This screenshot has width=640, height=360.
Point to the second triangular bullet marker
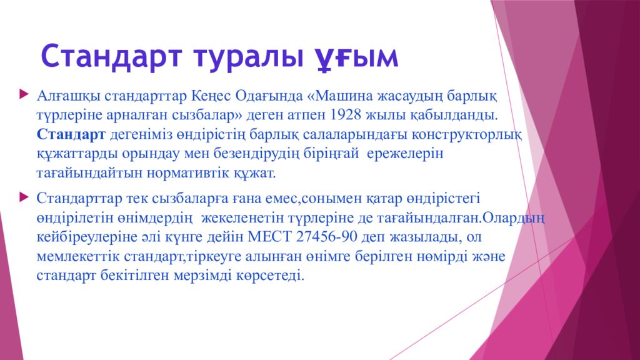coord(24,197)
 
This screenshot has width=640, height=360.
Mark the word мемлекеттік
coord(78,256)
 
